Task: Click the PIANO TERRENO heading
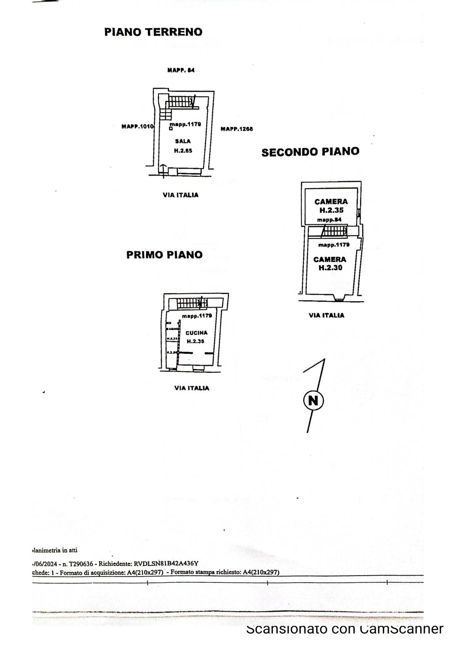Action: coord(153,32)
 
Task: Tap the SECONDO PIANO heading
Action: coord(310,152)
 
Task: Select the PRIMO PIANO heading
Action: coord(164,255)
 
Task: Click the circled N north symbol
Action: coord(313,400)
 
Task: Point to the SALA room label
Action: coord(183,141)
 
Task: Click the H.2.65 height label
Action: coord(183,150)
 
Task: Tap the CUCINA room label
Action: coord(196,333)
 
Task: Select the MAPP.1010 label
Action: coord(138,126)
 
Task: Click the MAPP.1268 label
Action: coord(237,129)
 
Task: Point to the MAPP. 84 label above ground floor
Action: coord(181,70)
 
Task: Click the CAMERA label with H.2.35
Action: coord(331,202)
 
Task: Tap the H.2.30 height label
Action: coord(330,268)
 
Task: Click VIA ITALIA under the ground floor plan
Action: coord(180,195)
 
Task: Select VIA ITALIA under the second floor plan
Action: coord(326,315)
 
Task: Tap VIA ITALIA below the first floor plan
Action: coord(192,388)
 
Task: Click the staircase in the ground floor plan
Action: coord(180,101)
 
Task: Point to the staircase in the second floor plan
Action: coord(334,231)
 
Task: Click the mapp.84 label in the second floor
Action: coord(329,220)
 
